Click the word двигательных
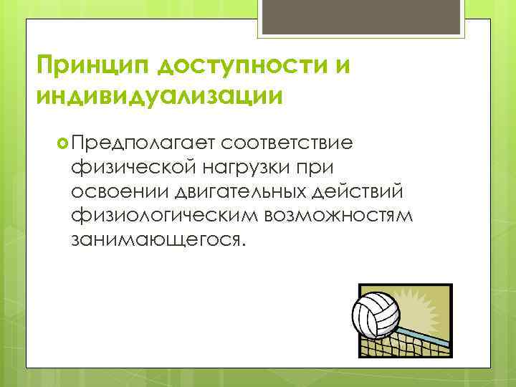click(245, 191)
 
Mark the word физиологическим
click(163, 215)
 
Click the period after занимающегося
click(244, 244)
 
